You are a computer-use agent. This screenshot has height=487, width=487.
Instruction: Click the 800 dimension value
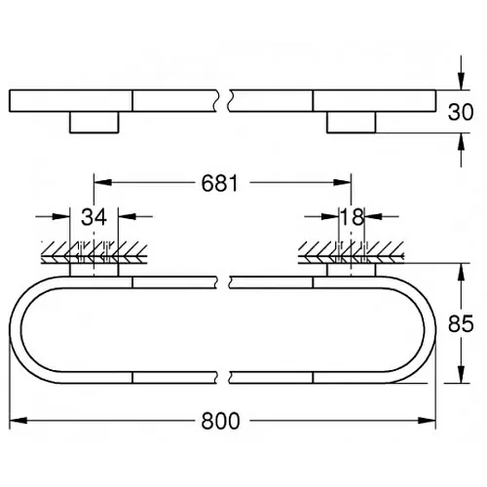[220, 421]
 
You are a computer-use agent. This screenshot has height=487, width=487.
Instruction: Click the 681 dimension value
[220, 183]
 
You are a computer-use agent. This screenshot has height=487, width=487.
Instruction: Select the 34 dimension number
[94, 217]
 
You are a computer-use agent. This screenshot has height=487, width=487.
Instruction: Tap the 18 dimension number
[352, 217]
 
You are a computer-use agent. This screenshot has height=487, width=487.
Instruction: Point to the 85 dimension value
[461, 323]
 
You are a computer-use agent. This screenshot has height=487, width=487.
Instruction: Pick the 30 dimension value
[461, 112]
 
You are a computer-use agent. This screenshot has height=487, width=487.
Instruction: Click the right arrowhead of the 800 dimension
[427, 421]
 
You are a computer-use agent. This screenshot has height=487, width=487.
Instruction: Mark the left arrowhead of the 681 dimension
[102, 182]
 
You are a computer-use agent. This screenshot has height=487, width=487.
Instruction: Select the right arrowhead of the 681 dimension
[343, 182]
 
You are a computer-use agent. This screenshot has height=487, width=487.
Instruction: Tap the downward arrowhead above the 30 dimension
[461, 81]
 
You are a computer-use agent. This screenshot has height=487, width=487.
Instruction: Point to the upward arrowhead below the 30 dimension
[461, 141]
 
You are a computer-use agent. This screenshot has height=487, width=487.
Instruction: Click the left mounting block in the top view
[94, 122]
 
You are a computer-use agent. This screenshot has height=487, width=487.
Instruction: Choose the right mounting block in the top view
[352, 122]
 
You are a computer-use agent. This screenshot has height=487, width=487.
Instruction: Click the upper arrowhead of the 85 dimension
[461, 272]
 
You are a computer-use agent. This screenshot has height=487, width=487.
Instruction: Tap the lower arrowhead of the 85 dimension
[461, 374]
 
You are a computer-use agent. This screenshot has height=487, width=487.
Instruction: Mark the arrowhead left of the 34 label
[61, 216]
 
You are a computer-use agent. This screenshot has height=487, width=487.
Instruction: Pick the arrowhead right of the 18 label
[373, 216]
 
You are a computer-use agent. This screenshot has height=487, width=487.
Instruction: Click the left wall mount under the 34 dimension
[94, 270]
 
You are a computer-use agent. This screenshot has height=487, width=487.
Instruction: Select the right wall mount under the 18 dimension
[352, 270]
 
